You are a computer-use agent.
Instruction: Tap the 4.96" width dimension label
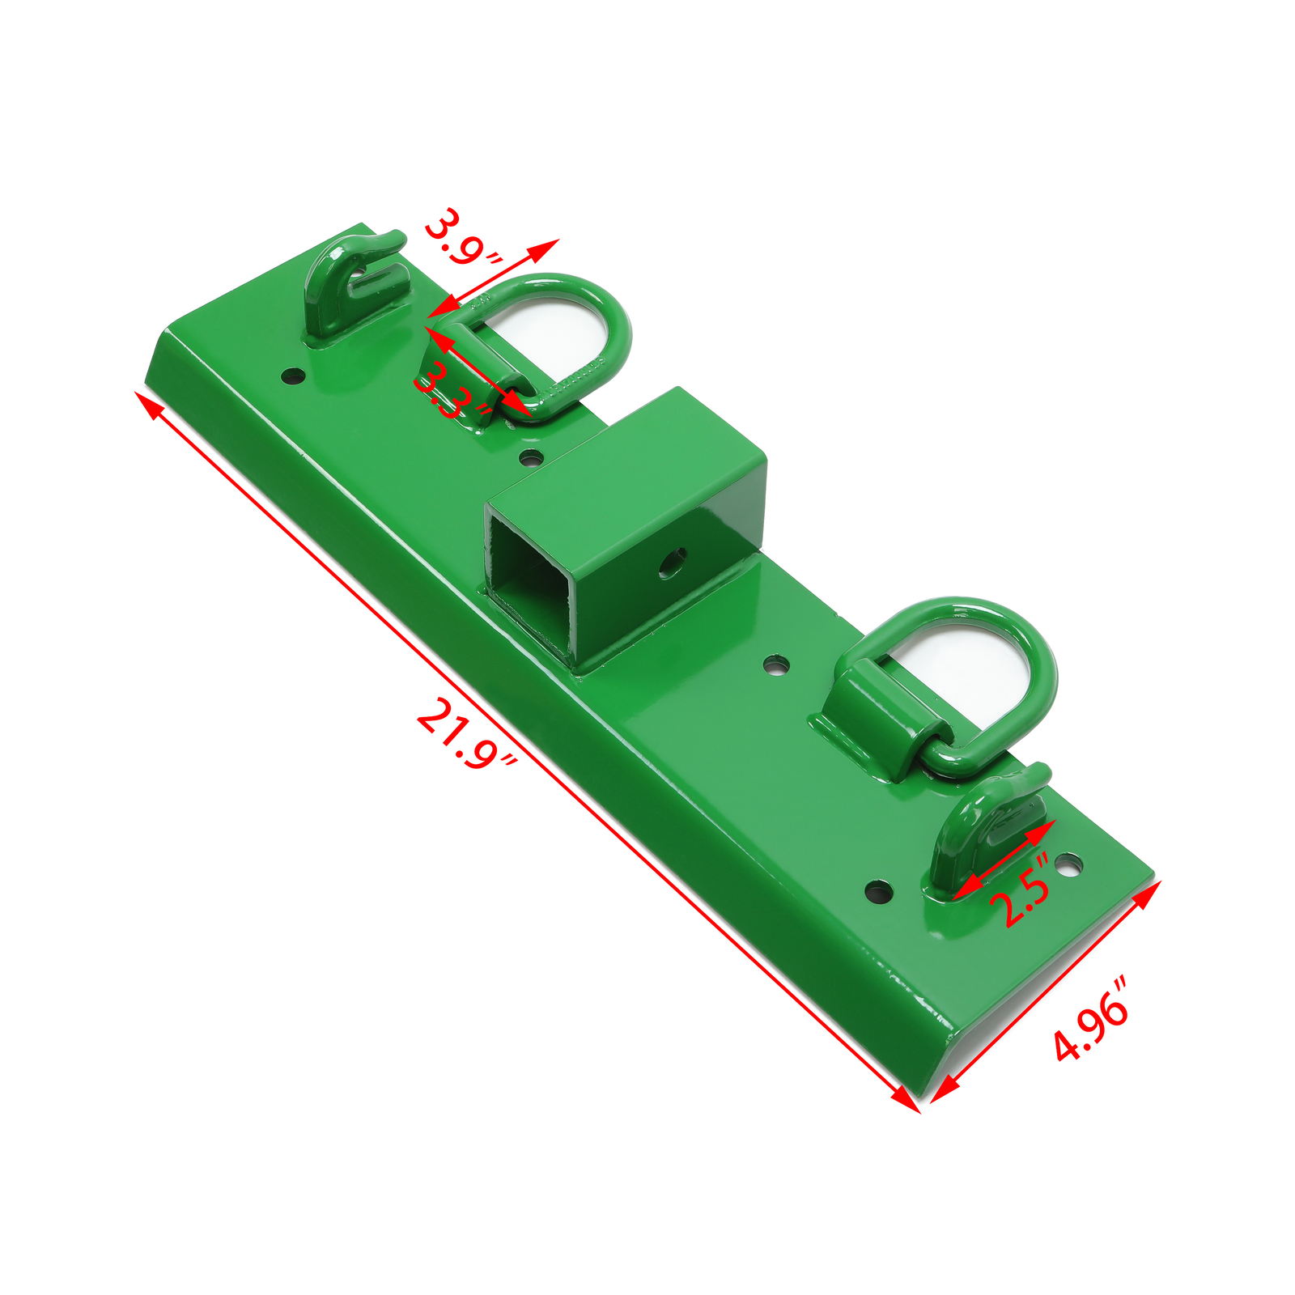point(1092,1020)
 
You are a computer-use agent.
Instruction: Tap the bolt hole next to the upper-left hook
point(292,376)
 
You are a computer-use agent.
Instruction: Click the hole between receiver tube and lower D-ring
point(776,665)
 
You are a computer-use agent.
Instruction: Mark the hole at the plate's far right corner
point(1068,865)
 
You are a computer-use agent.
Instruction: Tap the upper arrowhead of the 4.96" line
point(1149,890)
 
